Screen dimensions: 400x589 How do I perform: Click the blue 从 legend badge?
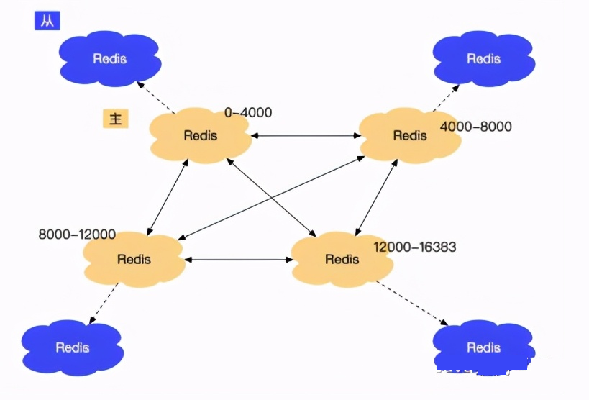coord(47,20)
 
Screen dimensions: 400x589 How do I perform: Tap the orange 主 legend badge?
coord(115,119)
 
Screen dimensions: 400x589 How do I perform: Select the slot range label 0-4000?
coord(248,113)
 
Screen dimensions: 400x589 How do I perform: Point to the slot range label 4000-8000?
coord(475,127)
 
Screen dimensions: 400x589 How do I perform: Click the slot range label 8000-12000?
coord(77,235)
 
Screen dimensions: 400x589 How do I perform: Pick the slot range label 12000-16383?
coord(414,247)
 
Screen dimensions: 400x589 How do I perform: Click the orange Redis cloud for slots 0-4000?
coord(200,135)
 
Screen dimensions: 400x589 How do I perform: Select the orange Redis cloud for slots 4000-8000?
coord(409,135)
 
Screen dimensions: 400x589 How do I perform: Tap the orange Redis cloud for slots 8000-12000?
coord(134,259)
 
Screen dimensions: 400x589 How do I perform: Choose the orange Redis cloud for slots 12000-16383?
coord(342,259)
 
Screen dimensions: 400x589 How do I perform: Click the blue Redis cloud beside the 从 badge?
coord(109,58)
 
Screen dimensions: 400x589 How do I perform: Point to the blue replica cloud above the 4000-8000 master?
coord(483,58)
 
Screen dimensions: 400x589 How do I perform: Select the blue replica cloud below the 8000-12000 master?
coord(72,347)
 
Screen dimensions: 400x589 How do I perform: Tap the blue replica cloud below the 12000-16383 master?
coord(483,347)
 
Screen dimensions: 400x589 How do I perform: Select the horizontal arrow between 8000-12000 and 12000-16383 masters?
coord(237,259)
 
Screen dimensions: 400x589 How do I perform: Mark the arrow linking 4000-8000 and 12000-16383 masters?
coord(375,196)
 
